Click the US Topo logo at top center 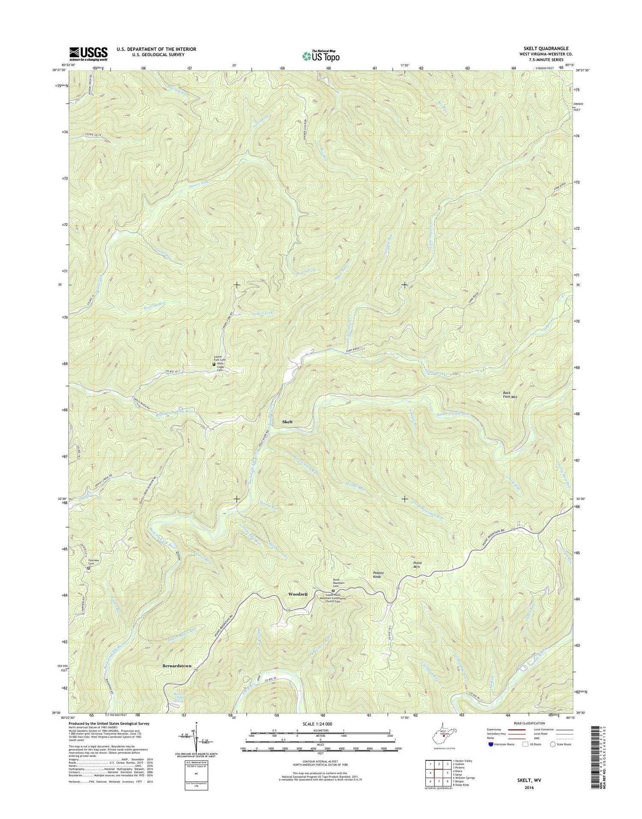pos(321,55)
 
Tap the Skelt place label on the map pos(288,422)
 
